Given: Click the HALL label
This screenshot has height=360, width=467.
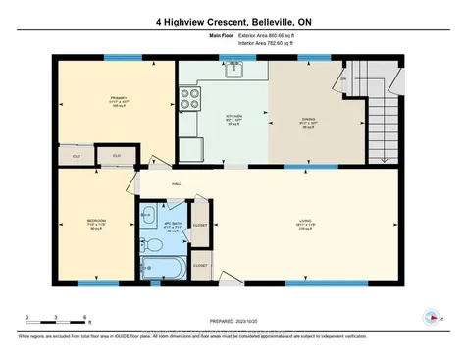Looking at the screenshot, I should pyautogui.click(x=176, y=182).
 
